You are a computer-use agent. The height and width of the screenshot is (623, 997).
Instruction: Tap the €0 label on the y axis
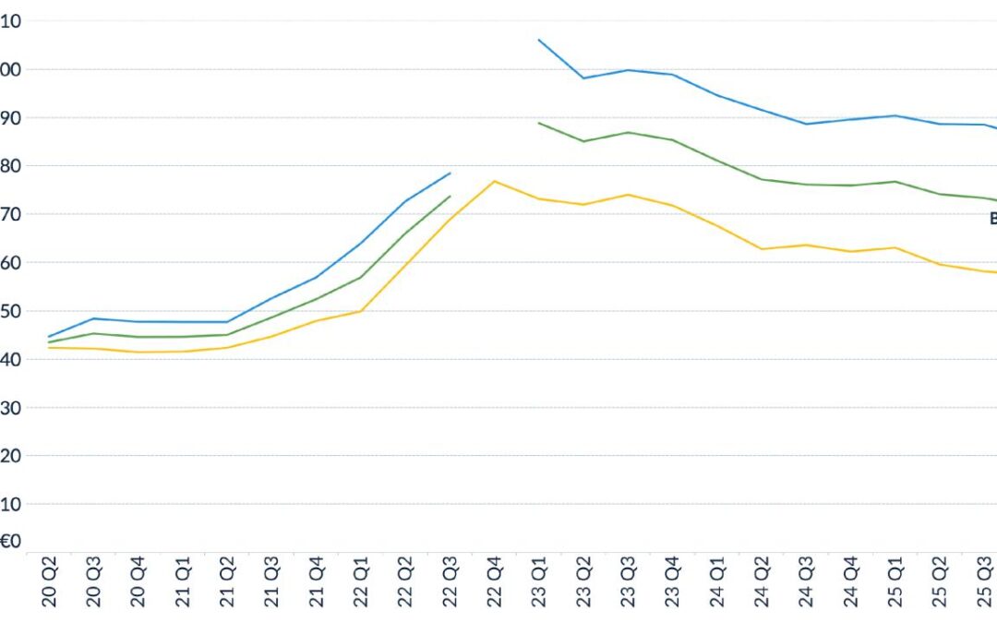[x=11, y=542]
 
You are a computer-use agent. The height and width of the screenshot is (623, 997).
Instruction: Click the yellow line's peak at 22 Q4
[x=495, y=181]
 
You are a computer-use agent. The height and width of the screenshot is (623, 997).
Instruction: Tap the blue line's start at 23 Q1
[x=539, y=40]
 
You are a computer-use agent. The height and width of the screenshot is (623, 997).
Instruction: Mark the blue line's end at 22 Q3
[x=450, y=173]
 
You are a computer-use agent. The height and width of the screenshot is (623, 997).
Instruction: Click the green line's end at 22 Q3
[x=450, y=196]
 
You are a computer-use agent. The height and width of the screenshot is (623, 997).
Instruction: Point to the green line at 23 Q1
[x=539, y=123]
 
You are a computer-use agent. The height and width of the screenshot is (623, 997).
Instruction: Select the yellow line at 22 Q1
[x=361, y=311]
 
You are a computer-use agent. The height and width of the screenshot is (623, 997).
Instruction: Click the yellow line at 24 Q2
[x=762, y=249]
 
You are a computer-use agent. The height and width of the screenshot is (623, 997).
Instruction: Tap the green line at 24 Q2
[x=762, y=179]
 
